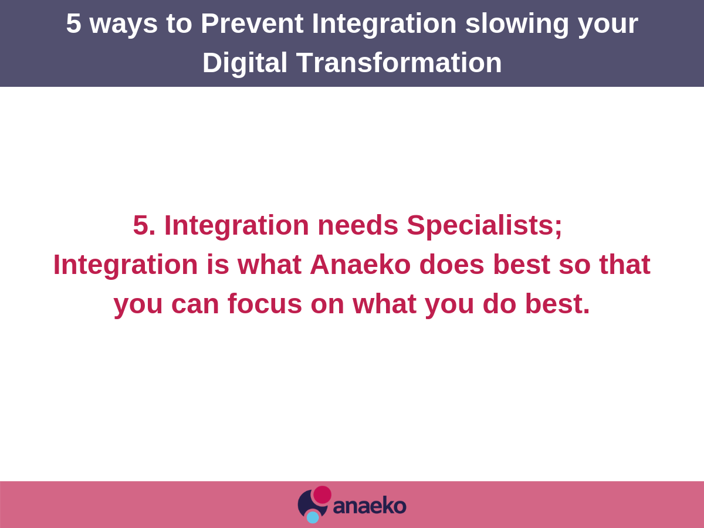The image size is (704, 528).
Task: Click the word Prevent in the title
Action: click(252, 23)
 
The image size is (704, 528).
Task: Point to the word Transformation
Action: click(399, 63)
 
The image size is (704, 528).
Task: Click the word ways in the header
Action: click(123, 26)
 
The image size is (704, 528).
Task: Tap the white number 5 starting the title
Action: click(73, 23)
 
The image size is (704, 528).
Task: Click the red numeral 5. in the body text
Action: click(144, 225)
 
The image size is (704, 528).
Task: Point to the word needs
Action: click(358, 225)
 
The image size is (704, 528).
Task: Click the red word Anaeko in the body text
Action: click(360, 265)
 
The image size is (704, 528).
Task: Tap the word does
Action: click(452, 265)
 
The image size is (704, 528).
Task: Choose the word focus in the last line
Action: click(265, 303)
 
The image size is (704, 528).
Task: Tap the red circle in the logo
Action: click(322, 495)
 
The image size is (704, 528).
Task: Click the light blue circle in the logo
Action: click(313, 517)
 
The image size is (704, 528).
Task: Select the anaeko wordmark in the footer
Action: click(370, 506)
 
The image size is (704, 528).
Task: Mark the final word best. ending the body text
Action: click(557, 303)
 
